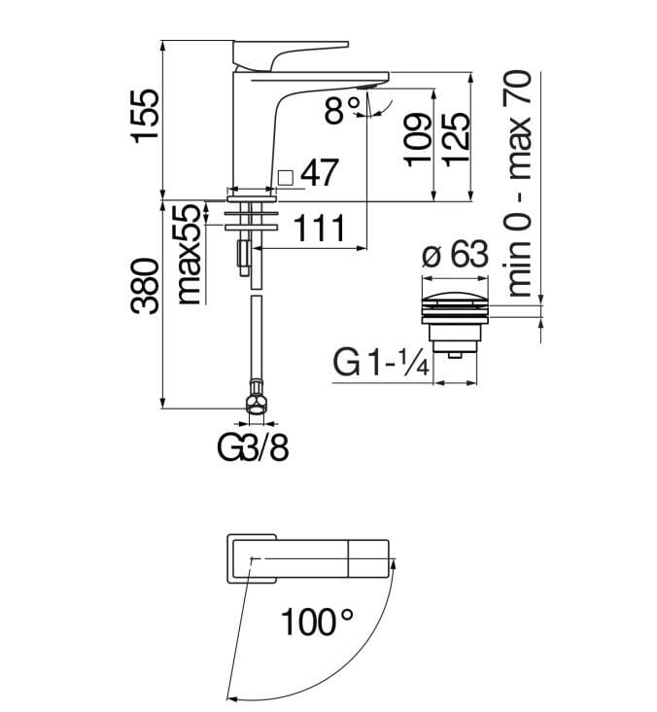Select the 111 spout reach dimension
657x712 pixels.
tap(320, 230)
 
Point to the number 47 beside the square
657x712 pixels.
tap(319, 174)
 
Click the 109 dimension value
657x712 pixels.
tap(417, 140)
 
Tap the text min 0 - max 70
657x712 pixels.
tap(521, 183)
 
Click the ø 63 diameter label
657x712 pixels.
tap(454, 256)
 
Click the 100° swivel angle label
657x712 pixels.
tap(317, 621)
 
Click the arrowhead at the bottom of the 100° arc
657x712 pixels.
tap(230, 694)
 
